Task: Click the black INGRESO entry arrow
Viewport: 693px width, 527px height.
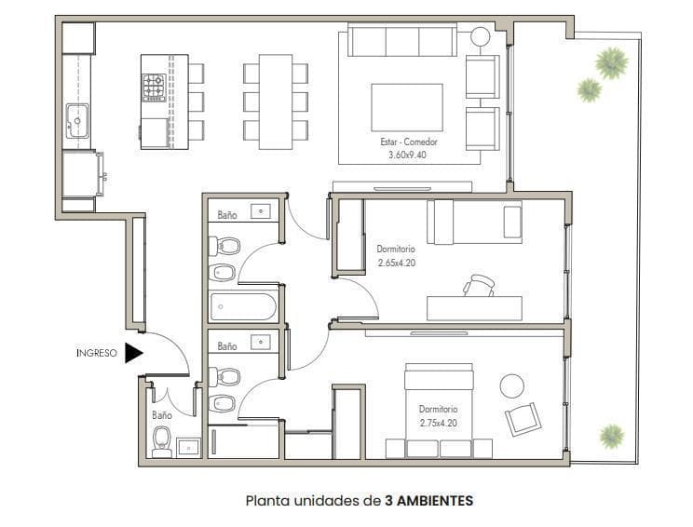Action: [x=133, y=353]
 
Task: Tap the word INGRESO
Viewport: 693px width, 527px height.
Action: [x=97, y=353]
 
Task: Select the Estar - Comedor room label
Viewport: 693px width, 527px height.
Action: [x=409, y=142]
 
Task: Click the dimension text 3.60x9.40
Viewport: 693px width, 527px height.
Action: [x=407, y=155]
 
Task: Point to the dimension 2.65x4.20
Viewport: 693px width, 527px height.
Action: [x=397, y=263]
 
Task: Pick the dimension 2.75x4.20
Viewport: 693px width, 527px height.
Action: [x=439, y=423]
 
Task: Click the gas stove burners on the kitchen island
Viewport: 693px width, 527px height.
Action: [x=154, y=88]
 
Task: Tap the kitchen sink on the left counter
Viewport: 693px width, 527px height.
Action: [x=78, y=121]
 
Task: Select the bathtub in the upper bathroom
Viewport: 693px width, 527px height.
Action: [x=243, y=306]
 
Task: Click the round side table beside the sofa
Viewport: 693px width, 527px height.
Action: [x=481, y=36]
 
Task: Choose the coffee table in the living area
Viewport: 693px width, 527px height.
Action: [x=407, y=107]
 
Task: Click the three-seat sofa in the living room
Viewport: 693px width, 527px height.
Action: [x=402, y=40]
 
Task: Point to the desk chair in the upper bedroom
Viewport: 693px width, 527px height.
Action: [x=479, y=285]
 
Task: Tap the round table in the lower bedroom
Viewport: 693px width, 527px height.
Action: [x=512, y=386]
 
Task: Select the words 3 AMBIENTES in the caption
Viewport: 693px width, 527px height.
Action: [x=428, y=501]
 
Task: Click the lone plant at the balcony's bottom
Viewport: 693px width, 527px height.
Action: [x=612, y=436]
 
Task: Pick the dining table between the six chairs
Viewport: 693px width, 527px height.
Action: [x=276, y=102]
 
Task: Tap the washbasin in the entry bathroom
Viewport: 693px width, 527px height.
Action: [x=189, y=448]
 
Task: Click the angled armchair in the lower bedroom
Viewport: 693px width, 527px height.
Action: [x=523, y=419]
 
